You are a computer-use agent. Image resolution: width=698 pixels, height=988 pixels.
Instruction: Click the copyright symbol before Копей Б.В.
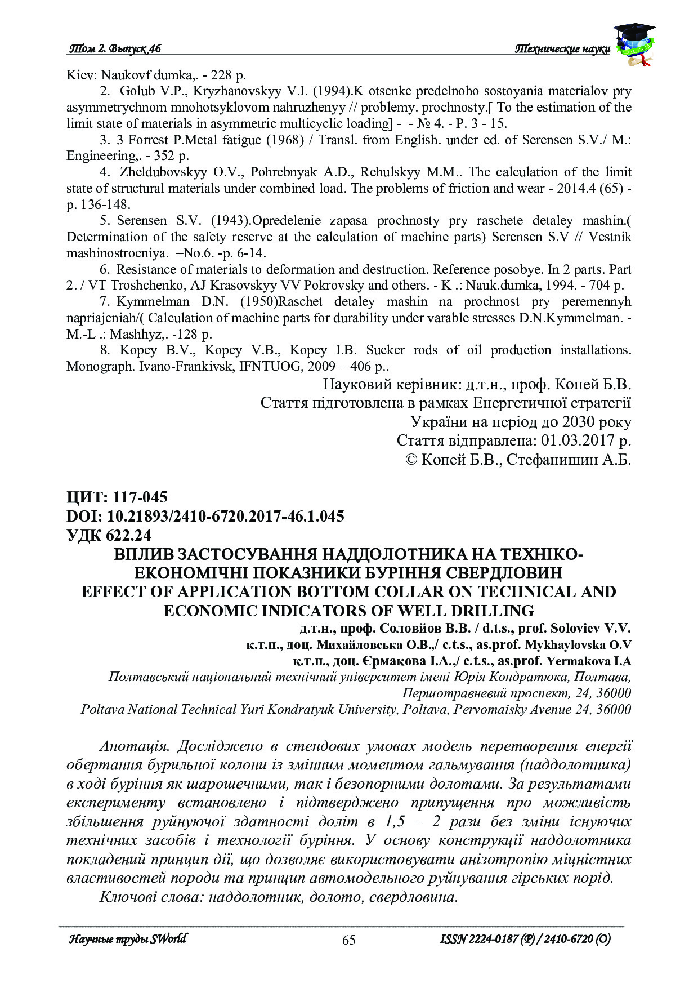pyautogui.click(x=411, y=460)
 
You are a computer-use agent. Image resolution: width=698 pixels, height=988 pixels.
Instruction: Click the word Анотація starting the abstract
pyautogui.click(x=134, y=746)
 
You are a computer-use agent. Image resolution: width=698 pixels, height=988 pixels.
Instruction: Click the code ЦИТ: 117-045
pyautogui.click(x=117, y=497)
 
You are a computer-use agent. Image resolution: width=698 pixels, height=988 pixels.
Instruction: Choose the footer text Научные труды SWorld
pyautogui.click(x=127, y=939)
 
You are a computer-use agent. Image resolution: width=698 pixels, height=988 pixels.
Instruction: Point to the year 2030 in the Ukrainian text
pyautogui.click(x=579, y=422)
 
